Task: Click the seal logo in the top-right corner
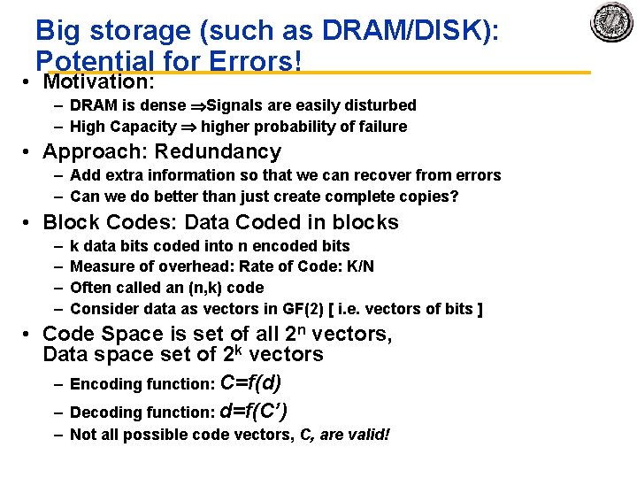611,22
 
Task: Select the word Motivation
97,82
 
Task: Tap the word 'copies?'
428,197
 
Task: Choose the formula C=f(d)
251,382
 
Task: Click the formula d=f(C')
253,411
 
